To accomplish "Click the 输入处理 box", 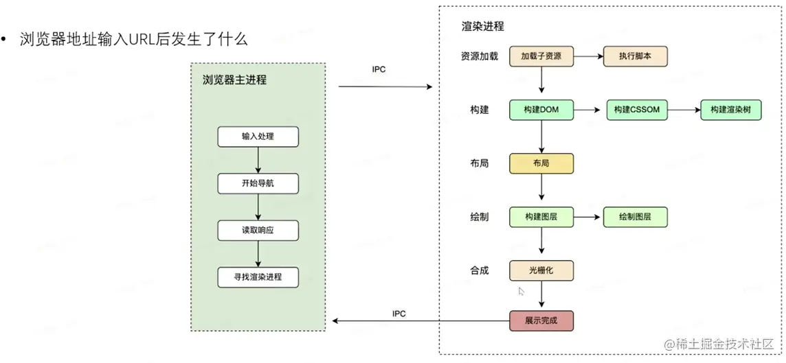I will point(258,137).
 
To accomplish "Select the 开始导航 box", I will point(258,183).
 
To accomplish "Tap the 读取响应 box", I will point(258,231).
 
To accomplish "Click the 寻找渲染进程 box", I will point(258,277).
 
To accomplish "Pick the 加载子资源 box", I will point(541,56).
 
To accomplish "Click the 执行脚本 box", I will point(635,56).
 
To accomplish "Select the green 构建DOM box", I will point(541,110).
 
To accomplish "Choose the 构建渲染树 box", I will point(730,110).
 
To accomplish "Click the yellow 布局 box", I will point(541,164).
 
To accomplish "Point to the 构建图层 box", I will point(541,218).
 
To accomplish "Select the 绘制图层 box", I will point(635,218).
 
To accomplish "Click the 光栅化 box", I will point(541,270).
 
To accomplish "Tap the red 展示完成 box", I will point(541,320).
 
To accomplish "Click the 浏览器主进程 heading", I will point(234,80).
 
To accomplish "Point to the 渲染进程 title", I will point(482,27).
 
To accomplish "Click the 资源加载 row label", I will point(480,56).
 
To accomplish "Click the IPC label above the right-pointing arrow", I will point(379,70).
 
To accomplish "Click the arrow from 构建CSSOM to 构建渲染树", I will point(684,110).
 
